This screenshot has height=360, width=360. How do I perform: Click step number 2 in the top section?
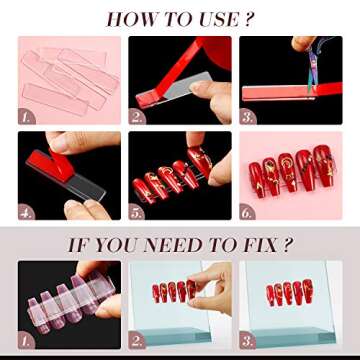point(138,117)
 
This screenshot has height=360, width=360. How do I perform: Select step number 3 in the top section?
point(248,117)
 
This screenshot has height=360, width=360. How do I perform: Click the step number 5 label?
point(138,213)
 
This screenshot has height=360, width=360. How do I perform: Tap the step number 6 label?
point(248,213)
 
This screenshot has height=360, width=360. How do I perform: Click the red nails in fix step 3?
point(290,295)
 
